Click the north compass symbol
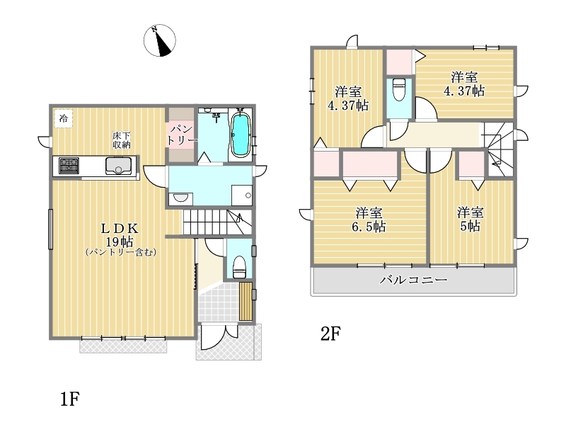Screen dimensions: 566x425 pos(160,40)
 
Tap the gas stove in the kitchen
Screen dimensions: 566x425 pos(69,166)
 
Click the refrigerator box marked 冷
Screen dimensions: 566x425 pos(64,118)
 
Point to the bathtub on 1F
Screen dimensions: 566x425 pos(240,135)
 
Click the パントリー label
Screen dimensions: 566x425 pos(182,135)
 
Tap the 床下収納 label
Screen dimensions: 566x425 pos(121,140)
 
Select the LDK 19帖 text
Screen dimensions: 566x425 pos(120,234)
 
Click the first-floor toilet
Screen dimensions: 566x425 pos(239,267)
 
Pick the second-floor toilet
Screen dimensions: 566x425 pos(399,89)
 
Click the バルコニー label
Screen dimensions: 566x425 pos(413,280)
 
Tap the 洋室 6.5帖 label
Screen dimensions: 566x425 pos(369,220)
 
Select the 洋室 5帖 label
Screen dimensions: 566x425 pos(470,220)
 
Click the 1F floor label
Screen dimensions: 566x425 pos(69,399)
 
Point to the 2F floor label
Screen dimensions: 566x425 pos(330,334)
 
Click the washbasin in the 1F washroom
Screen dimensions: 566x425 pos(180,199)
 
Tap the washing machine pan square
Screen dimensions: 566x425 pos(241,195)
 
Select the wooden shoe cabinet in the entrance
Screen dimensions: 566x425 pos(246,302)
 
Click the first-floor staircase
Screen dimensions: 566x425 pos(217,222)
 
